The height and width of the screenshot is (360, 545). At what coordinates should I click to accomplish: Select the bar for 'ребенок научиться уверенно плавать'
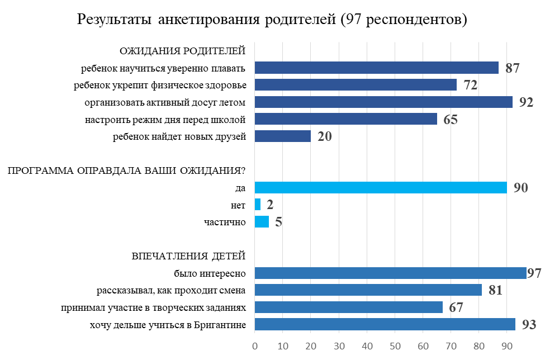tap(376, 68)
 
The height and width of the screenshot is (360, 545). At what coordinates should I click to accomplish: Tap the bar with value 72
tap(356, 85)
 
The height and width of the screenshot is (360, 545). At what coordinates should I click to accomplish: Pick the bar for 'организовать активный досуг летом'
tap(383, 102)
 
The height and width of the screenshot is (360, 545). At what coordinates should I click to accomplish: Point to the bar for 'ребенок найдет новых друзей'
tap(283, 136)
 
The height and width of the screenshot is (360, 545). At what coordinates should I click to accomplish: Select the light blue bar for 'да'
tap(381, 187)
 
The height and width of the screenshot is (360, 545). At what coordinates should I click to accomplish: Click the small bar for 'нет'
tap(258, 205)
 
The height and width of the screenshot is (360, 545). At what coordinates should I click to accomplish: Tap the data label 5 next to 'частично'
tap(278, 222)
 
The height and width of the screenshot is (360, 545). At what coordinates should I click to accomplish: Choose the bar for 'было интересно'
tap(390, 273)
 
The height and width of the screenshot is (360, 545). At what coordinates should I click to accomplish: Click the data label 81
tap(495, 291)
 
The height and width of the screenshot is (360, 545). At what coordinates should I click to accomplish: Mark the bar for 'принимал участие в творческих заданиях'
tap(349, 307)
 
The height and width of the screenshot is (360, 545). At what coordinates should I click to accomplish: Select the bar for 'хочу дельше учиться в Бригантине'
tap(385, 325)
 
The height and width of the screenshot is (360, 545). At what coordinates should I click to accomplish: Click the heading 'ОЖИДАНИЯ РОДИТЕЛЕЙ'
tap(183, 51)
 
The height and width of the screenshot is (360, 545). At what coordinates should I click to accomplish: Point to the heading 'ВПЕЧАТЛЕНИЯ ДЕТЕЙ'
tap(189, 257)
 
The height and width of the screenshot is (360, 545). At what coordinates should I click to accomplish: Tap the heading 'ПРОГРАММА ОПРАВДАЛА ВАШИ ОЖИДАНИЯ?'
tap(127, 171)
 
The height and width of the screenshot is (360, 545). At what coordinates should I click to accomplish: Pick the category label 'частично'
tap(225, 222)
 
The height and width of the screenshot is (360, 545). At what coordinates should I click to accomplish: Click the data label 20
tap(325, 136)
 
